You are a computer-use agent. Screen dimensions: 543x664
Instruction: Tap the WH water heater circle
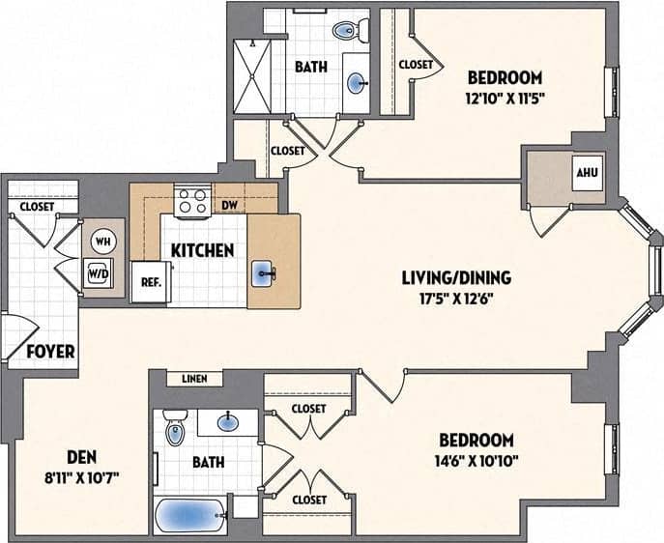click(x=102, y=241)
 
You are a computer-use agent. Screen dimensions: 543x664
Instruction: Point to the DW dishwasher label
click(x=229, y=206)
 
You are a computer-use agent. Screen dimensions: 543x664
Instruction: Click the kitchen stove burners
click(x=191, y=201)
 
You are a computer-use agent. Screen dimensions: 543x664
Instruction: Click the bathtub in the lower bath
click(x=190, y=516)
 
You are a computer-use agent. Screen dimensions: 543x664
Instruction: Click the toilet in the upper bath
click(x=346, y=30)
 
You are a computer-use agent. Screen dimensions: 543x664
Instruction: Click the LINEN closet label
click(x=195, y=379)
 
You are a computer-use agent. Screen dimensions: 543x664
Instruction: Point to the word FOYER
click(x=50, y=352)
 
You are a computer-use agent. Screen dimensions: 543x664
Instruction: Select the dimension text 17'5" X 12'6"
click(x=456, y=300)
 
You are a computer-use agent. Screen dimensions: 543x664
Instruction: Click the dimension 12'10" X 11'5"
click(x=505, y=98)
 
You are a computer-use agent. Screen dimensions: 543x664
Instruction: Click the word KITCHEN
click(x=203, y=251)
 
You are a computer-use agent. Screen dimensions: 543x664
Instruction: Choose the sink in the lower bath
click(x=228, y=421)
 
